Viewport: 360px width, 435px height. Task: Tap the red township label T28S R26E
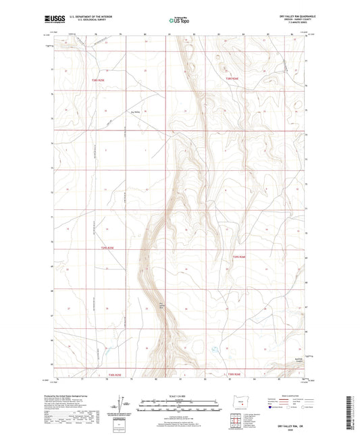232,80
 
